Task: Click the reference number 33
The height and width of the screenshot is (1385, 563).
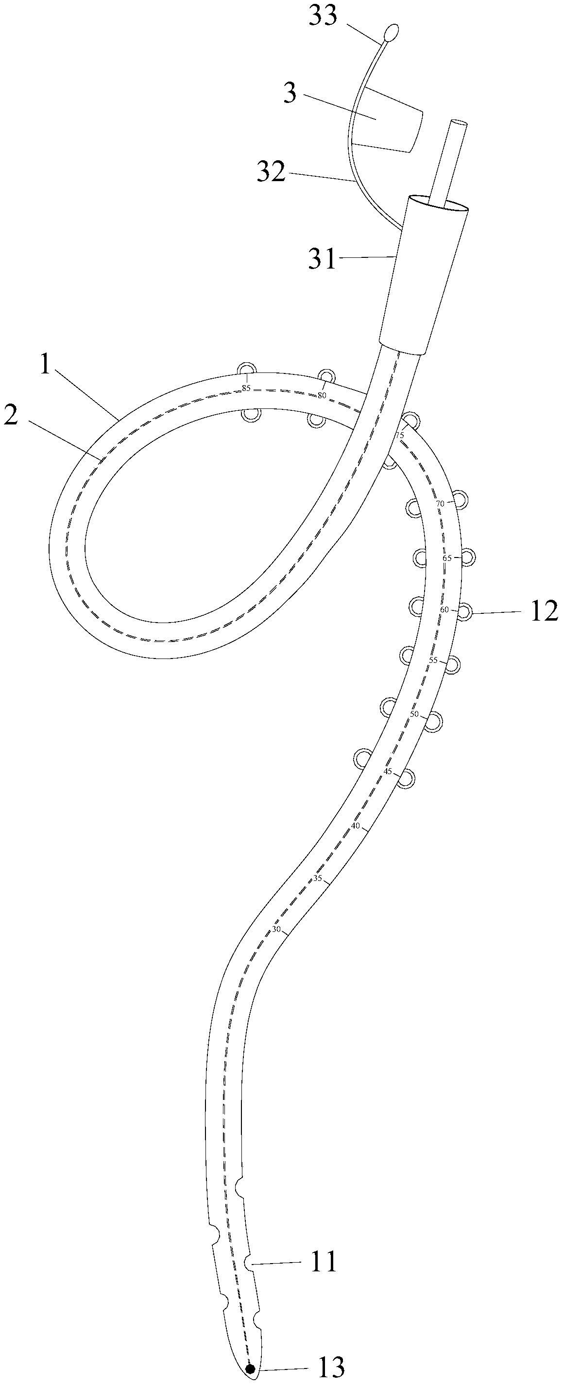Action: coord(323,16)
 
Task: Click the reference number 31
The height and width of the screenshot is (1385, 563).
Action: coord(322,261)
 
